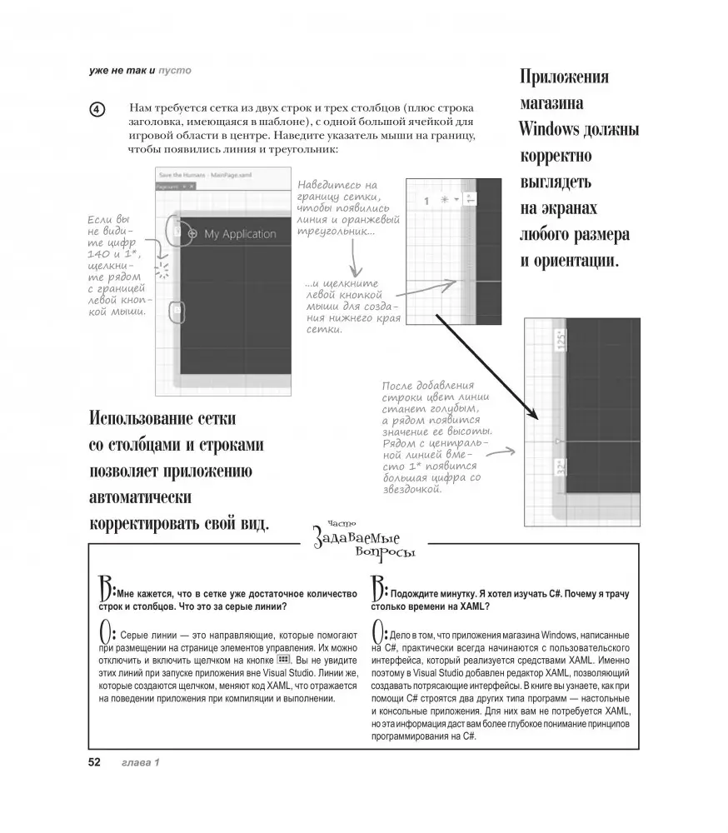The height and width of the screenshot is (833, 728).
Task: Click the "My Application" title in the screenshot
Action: point(240,234)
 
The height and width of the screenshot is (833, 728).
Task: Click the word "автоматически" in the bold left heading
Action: point(140,498)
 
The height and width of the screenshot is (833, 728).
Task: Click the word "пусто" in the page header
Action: point(175,70)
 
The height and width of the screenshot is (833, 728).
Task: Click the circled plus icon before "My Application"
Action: point(192,234)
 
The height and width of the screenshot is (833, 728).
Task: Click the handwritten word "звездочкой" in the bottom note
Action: point(410,489)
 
